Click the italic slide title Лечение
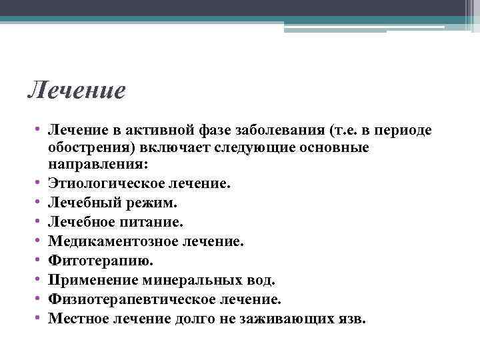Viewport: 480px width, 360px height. (x=77, y=89)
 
